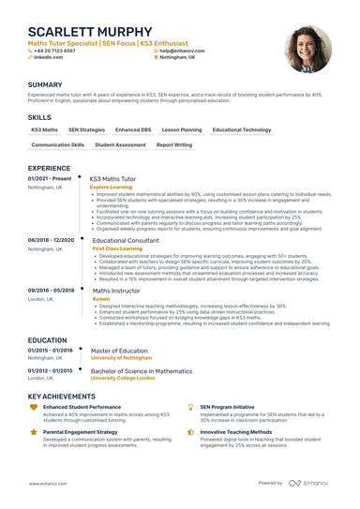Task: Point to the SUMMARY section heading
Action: click(45, 84)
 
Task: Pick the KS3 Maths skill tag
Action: click(44, 129)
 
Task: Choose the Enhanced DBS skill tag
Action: click(132, 129)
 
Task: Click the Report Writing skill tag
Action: click(174, 145)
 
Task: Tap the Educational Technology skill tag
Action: click(242, 129)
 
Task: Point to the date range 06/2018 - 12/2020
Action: click(51, 240)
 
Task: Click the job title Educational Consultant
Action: click(127, 240)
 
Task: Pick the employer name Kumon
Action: click(100, 299)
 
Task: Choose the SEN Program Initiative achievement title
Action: click(227, 407)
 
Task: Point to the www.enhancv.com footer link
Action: click(49, 483)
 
